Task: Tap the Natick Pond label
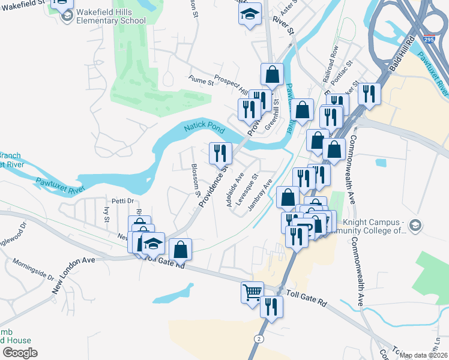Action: pyautogui.click(x=203, y=128)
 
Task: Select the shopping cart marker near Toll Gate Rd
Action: pyautogui.click(x=252, y=293)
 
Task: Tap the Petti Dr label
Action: pyautogui.click(x=113, y=201)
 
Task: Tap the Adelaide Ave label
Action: pyautogui.click(x=235, y=190)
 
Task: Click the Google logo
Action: pyautogui.click(x=20, y=353)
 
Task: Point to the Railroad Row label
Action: pyautogui.click(x=331, y=59)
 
